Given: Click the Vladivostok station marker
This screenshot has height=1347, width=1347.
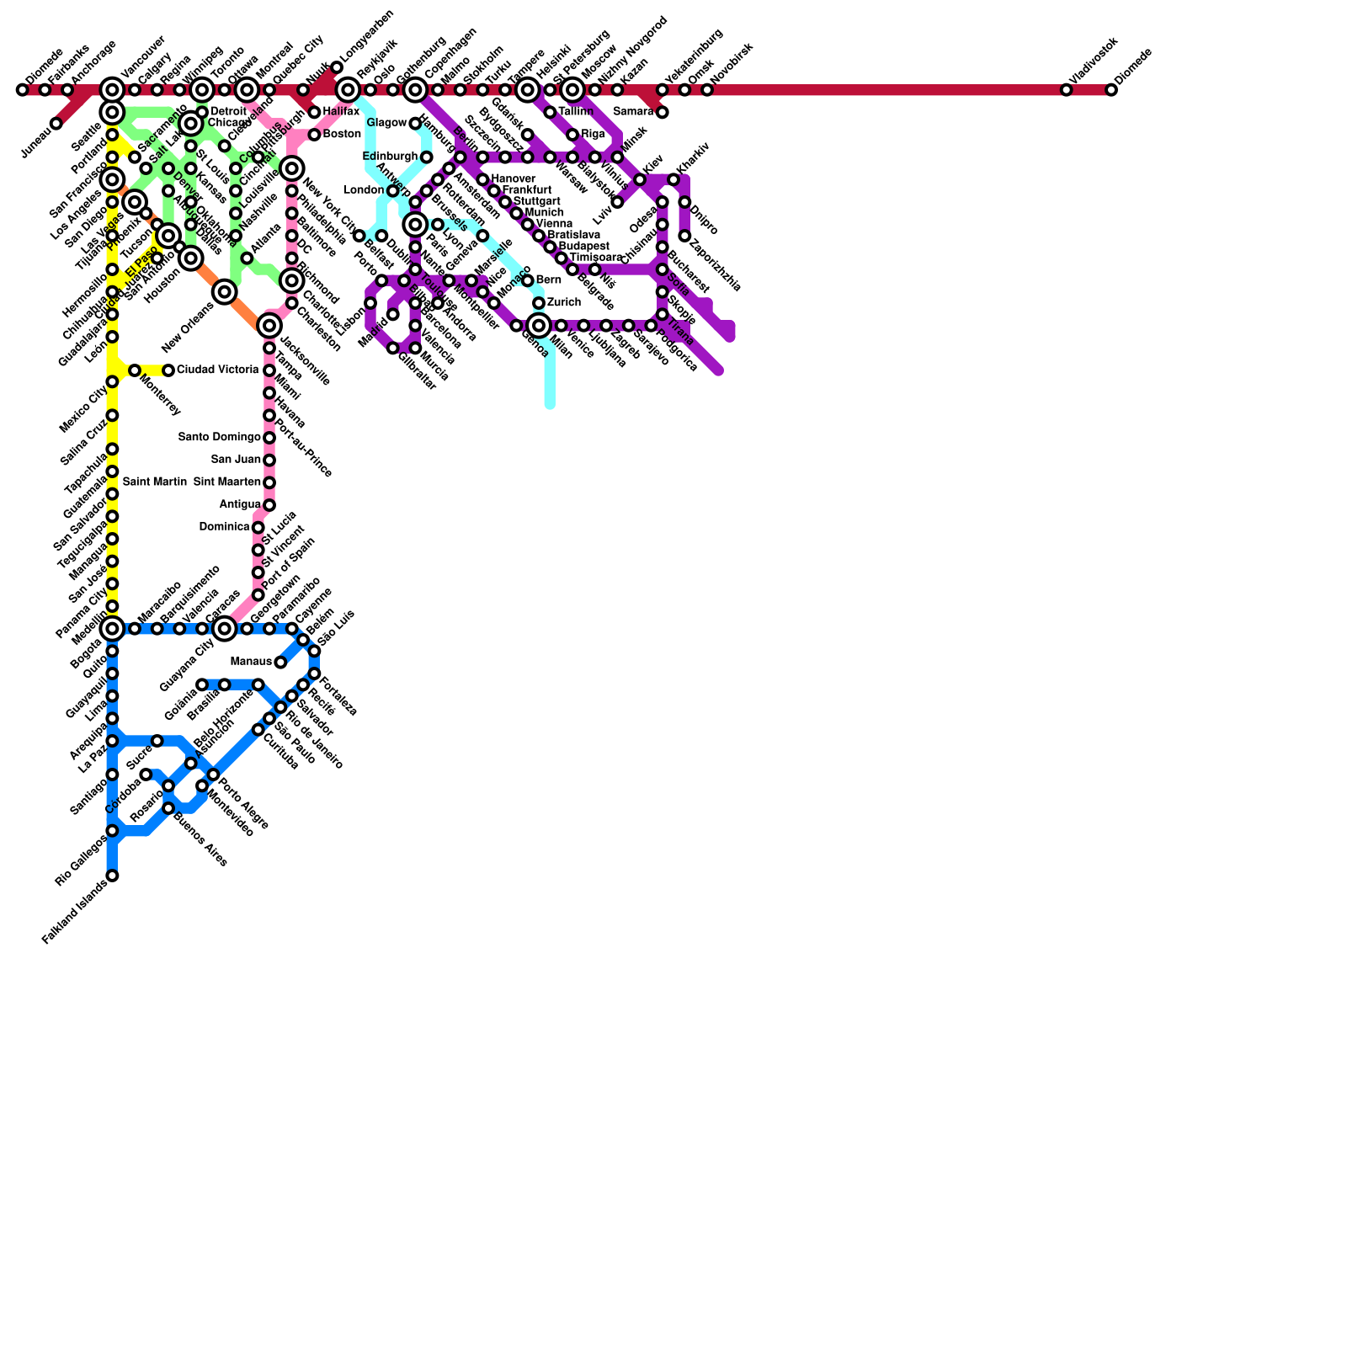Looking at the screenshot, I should click(1066, 90).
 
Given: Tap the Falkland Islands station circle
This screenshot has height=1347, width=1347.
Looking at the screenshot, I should click(112, 876).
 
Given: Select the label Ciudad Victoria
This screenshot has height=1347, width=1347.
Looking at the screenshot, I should click(217, 370).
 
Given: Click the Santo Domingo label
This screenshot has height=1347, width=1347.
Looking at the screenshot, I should click(220, 437).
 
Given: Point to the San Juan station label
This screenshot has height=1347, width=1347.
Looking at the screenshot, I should click(236, 460).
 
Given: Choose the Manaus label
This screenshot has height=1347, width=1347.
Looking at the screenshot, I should click(251, 662).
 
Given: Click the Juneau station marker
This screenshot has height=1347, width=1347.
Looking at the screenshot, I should click(56, 124).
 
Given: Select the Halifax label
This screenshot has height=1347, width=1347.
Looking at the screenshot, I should click(341, 112).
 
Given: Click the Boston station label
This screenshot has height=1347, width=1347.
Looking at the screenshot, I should click(342, 135).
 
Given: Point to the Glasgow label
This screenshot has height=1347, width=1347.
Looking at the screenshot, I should click(386, 123).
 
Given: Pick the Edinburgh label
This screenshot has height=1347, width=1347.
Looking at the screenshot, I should click(390, 157).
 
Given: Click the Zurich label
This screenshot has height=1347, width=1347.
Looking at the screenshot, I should click(563, 302).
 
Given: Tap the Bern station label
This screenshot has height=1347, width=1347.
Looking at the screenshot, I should click(548, 280).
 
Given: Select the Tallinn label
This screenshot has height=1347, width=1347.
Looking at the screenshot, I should click(576, 112).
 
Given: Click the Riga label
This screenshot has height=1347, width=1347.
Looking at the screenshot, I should click(593, 135).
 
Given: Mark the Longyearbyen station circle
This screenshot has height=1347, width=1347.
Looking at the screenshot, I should click(337, 67).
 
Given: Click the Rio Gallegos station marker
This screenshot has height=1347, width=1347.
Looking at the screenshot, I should click(112, 831).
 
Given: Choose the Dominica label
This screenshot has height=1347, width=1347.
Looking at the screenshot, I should click(225, 527).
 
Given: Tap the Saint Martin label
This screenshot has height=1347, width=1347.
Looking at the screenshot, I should click(155, 482).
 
